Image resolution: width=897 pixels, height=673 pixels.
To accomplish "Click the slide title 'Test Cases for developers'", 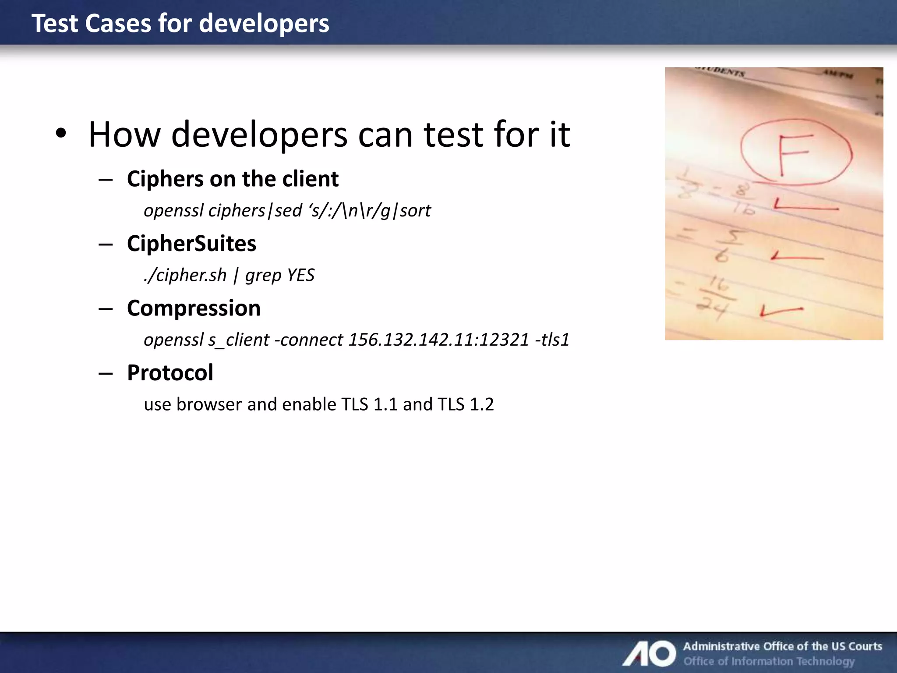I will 180,23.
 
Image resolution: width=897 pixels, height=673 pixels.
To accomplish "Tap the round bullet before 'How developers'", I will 61,134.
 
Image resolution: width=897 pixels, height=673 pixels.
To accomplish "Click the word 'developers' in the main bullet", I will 259,135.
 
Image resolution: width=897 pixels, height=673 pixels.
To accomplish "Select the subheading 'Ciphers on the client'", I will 233,179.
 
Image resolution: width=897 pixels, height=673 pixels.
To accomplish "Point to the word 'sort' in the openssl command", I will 415,211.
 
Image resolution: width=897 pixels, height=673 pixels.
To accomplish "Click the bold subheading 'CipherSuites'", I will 191,244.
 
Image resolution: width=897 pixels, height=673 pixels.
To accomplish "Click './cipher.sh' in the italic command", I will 185,275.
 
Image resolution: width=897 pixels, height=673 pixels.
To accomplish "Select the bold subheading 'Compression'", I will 194,308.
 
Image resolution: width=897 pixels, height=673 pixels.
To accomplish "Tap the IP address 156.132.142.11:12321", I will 438,340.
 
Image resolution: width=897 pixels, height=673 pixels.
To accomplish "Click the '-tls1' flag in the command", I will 552,340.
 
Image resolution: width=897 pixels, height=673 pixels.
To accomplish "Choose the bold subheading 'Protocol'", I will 170,373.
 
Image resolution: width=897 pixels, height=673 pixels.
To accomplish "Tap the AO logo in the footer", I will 650,653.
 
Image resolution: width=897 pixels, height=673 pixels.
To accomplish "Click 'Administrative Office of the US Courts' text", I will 783,646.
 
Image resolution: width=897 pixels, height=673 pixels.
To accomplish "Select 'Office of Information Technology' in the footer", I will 769,661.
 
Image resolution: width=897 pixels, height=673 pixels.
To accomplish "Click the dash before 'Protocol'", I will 106,373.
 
